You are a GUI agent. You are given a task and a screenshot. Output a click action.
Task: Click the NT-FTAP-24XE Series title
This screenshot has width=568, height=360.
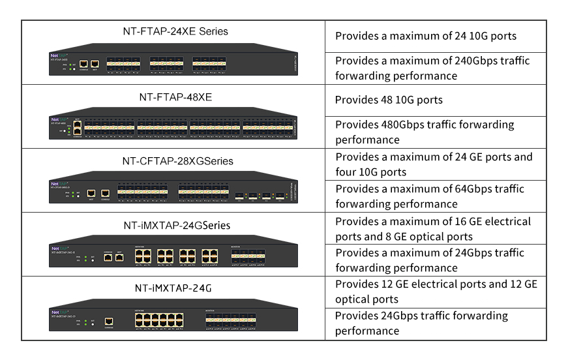point(175,31)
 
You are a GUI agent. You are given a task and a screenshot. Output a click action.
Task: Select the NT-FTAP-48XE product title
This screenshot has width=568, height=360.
point(175,97)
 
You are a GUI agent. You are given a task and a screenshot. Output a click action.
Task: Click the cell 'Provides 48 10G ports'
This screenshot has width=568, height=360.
point(389,100)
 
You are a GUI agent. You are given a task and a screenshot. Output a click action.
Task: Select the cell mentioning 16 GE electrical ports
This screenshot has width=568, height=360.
point(434,228)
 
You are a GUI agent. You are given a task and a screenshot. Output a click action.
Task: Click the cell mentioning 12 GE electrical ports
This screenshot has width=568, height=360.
point(436,292)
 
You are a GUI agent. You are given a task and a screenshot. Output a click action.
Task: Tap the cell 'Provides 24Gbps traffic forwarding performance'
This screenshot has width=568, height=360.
point(421,323)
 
